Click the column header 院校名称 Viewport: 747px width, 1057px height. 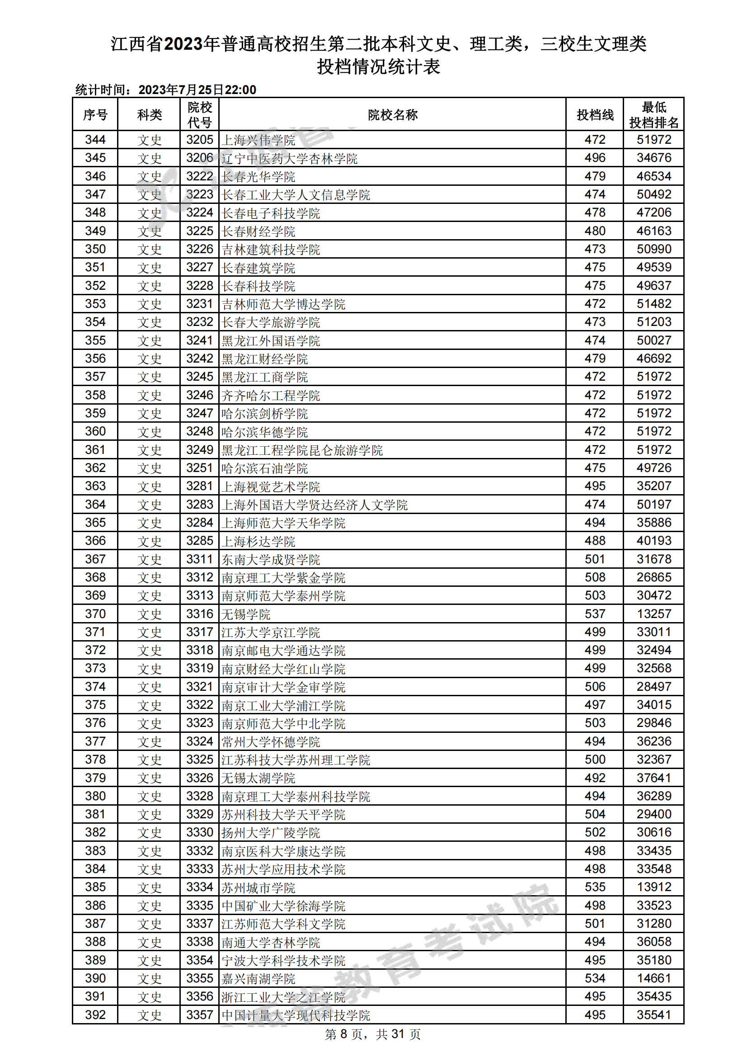pyautogui.click(x=392, y=115)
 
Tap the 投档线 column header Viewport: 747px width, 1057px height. pyautogui.click(x=595, y=115)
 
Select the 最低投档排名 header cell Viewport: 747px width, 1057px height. pyautogui.click(x=653, y=115)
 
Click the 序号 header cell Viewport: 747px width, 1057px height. pyautogui.click(x=95, y=115)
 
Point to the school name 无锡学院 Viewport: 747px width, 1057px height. pyautogui.click(x=246, y=614)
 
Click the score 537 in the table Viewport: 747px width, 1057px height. pyautogui.click(x=595, y=613)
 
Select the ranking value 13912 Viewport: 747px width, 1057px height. pyautogui.click(x=653, y=887)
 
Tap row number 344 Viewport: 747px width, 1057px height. pyautogui.click(x=95, y=140)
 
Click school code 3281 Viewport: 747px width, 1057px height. pyautogui.click(x=199, y=486)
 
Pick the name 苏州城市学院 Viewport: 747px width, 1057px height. pyautogui.click(x=258, y=887)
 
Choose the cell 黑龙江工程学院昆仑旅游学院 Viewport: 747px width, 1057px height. pyautogui.click(x=302, y=450)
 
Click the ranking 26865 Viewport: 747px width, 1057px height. pyautogui.click(x=653, y=577)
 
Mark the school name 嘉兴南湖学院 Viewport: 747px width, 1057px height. pyautogui.click(x=258, y=979)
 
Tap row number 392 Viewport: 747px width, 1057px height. pyautogui.click(x=95, y=1015)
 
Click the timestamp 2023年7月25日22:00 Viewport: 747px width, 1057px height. pyautogui.click(x=197, y=90)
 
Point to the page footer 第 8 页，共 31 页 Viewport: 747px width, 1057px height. pyautogui.click(x=373, y=1034)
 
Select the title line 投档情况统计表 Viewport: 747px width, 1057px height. pyautogui.click(x=378, y=67)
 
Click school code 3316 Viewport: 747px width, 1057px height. pyautogui.click(x=199, y=613)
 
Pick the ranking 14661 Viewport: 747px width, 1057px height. pyautogui.click(x=653, y=978)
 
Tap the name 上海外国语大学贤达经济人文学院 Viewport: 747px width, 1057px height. pyautogui.click(x=315, y=505)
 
